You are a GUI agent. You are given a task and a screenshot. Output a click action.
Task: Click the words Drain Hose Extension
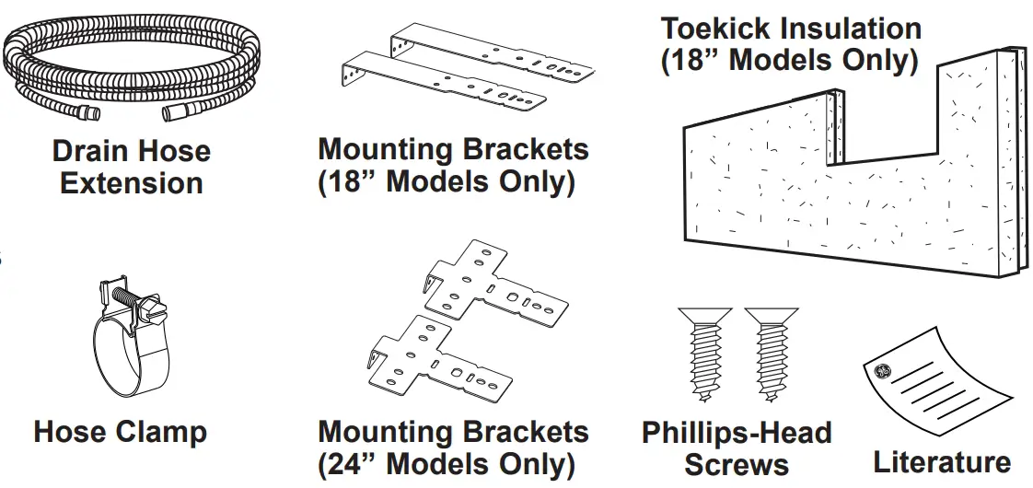point(131,167)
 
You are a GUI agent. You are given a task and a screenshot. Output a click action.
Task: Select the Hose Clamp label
point(120,431)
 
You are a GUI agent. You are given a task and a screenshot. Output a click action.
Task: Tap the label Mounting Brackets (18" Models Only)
point(452,166)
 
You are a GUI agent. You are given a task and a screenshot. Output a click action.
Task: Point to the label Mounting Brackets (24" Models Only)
point(452,447)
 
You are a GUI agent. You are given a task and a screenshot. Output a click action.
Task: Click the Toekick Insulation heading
point(790,44)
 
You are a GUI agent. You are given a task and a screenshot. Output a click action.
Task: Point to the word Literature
point(941,460)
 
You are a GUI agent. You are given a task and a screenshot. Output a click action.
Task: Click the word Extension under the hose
point(131,182)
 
